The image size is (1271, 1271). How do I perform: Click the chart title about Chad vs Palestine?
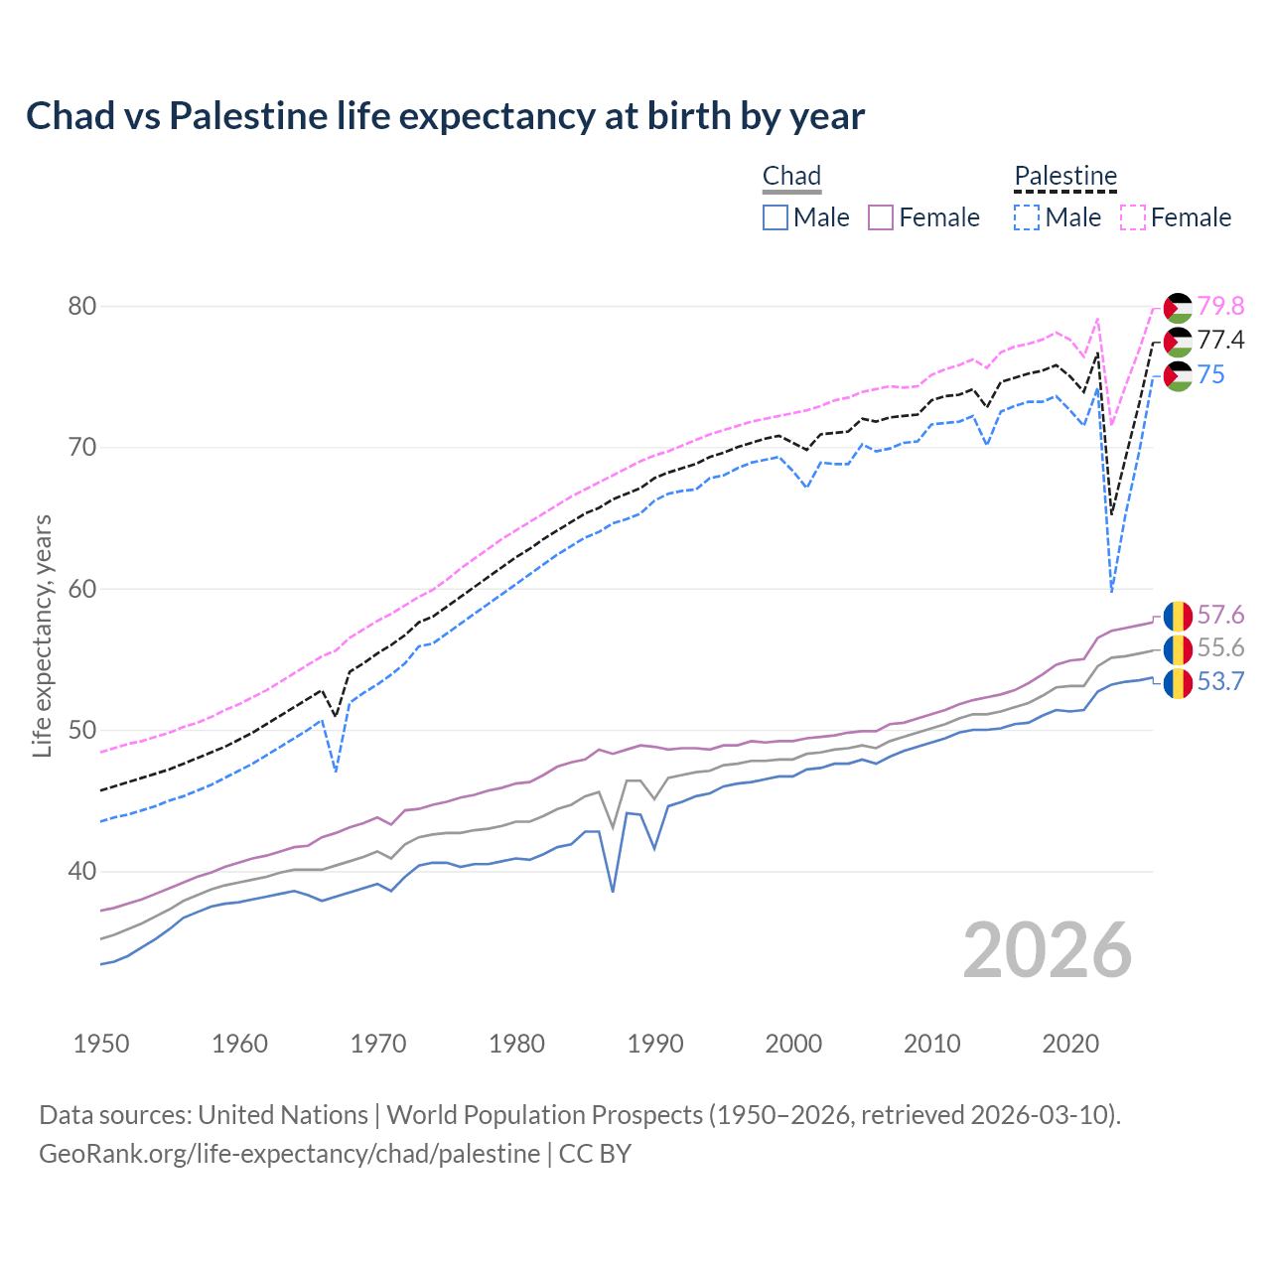tap(445, 116)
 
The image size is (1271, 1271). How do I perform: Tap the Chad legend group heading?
tap(791, 176)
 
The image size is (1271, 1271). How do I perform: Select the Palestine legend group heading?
tap(1065, 176)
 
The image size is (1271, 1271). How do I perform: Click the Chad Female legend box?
tap(882, 217)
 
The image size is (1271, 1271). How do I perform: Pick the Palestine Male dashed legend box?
tap(1027, 217)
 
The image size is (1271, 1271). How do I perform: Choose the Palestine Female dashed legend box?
tap(1133, 217)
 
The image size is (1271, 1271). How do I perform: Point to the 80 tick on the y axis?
tap(82, 306)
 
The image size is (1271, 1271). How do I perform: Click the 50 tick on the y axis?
tap(82, 731)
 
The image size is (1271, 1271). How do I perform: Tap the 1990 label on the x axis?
tap(655, 1044)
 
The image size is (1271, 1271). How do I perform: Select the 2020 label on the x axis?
tap(1070, 1044)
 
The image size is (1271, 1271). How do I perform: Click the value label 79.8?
tap(1220, 306)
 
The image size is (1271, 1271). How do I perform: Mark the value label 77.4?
tap(1220, 341)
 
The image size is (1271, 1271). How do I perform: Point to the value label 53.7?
tap(1220, 682)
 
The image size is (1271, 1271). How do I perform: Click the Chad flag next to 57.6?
tap(1178, 616)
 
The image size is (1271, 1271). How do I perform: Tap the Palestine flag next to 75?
tap(1178, 376)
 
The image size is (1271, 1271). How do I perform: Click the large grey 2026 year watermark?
tap(1048, 950)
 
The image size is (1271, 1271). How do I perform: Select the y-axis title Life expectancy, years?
tap(42, 635)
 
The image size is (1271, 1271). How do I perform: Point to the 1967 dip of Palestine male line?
tap(337, 771)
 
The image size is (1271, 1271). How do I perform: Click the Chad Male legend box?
tap(776, 217)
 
